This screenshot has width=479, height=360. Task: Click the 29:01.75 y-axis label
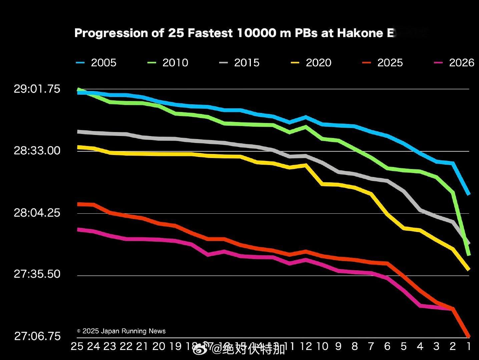[x=37, y=89]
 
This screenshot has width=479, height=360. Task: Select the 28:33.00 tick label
[x=37, y=151]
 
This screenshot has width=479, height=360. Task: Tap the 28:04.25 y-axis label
[x=37, y=213]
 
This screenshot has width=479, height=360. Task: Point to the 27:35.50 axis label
[x=37, y=274]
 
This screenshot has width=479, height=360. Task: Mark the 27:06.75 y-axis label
[x=37, y=336]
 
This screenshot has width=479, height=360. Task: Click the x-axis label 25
[x=77, y=347]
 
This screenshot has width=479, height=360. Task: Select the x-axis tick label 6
[x=387, y=347]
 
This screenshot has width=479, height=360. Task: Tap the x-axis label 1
[x=469, y=347]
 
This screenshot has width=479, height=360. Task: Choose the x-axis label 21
[x=142, y=347]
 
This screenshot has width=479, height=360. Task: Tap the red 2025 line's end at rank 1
[x=468, y=336]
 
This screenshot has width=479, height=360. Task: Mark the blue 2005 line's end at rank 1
[x=468, y=194]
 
